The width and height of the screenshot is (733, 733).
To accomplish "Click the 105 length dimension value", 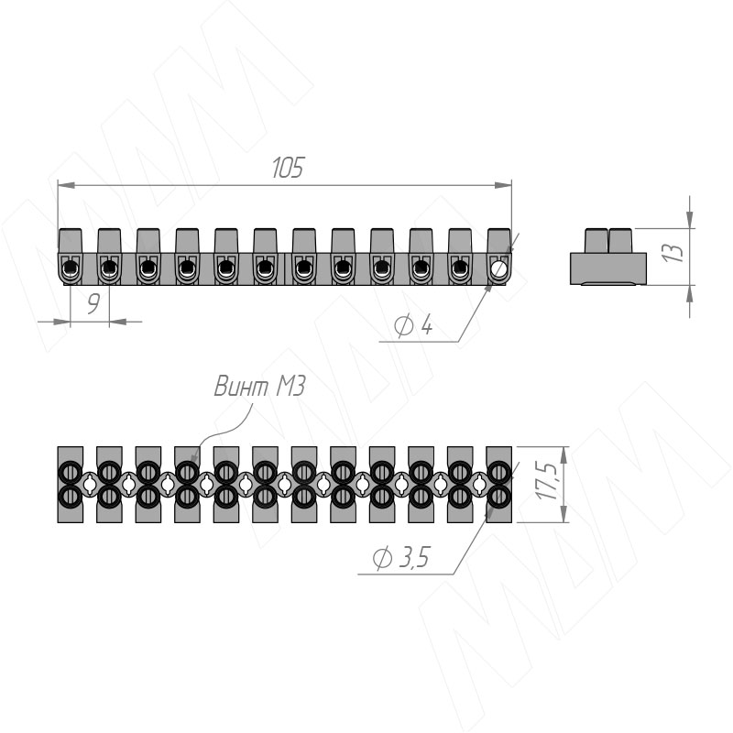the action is pos(288,168).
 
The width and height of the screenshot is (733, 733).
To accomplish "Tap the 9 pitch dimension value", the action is pos(93,304).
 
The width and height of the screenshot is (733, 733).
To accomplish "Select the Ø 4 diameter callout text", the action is pos(413,325).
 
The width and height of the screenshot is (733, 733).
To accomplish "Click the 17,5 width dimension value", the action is pos(547,482).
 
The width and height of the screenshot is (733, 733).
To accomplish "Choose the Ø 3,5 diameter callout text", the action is pos(401,557).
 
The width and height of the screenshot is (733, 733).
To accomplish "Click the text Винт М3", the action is pos(259,387).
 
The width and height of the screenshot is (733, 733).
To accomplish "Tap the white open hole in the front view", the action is pos(499,268).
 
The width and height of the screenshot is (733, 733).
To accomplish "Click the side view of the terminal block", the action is pos(608,257).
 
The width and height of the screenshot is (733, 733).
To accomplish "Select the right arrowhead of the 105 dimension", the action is pos(503,186).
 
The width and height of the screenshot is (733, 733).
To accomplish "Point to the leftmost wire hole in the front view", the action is pos(71,268).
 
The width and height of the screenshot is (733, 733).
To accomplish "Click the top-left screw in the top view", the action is pos(71,472).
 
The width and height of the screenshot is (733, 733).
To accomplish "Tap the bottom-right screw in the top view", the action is pos(498,497).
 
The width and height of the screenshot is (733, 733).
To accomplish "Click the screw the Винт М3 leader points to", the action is pos(187,472).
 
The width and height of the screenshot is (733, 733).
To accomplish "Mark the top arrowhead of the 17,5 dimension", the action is pos(564,454).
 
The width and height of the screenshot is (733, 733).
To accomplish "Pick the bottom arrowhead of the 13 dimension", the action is pos(690,293).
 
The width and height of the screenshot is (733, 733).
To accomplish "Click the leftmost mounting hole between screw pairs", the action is pos(90,485).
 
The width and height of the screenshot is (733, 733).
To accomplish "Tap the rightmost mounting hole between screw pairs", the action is pos(479,485).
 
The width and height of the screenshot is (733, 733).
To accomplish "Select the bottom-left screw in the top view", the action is pos(71,497).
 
